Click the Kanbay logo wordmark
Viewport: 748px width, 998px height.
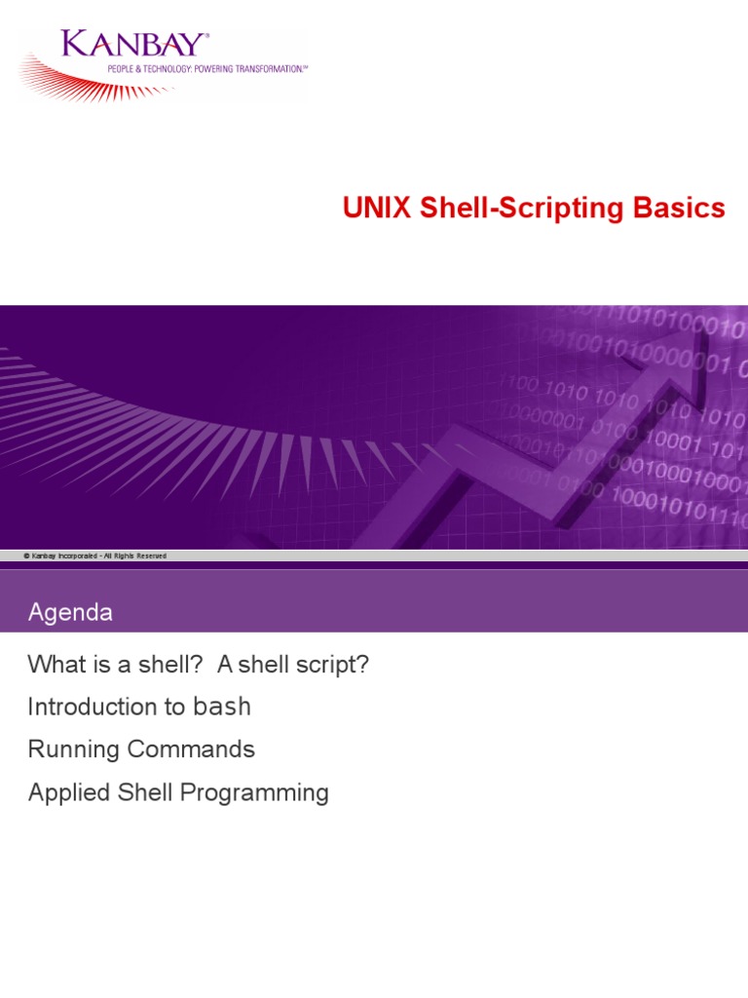point(133,45)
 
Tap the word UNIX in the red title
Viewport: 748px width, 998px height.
point(377,208)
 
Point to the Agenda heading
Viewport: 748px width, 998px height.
point(70,612)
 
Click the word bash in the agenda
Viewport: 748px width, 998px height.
point(222,707)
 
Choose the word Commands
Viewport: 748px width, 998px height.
point(191,749)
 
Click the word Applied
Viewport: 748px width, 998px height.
point(69,793)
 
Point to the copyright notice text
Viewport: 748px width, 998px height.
point(95,556)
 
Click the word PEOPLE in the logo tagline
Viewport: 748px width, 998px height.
point(120,69)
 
